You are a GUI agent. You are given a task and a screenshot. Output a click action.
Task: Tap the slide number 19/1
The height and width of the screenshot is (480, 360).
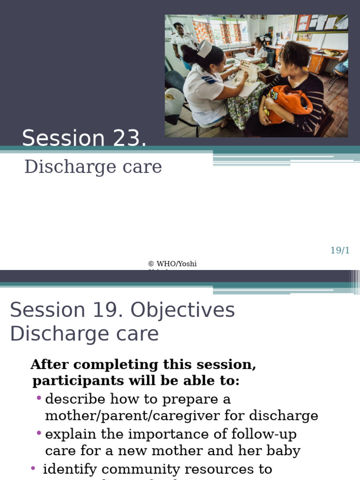(340, 250)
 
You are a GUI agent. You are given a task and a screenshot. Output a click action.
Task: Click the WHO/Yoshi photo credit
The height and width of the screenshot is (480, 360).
(172, 264)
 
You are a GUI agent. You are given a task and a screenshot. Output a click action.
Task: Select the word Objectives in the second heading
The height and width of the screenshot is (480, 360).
(183, 310)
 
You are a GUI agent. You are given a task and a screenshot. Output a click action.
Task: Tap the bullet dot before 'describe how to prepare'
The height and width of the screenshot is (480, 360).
(39, 398)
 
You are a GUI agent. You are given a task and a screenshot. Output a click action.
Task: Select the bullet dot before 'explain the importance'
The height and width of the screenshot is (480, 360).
(39, 434)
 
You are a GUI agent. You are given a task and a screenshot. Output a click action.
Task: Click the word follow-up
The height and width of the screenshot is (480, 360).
(265, 434)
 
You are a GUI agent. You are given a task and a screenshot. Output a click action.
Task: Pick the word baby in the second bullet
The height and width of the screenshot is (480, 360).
(282, 451)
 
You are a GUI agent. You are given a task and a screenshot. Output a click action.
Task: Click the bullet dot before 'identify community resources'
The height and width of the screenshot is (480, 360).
(33, 468)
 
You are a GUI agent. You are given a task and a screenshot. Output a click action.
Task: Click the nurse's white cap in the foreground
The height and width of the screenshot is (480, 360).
(204, 48)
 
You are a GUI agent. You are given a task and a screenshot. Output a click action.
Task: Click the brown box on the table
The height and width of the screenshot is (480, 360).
(268, 75)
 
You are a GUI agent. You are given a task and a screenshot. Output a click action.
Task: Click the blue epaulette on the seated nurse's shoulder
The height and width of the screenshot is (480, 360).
(209, 80)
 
